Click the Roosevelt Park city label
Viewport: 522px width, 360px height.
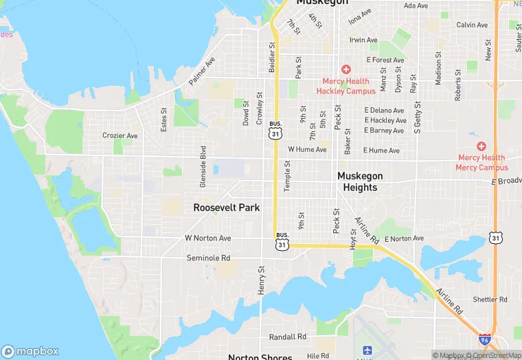point(226,207)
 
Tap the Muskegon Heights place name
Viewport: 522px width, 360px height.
point(360,182)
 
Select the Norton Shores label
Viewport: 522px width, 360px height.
point(260,357)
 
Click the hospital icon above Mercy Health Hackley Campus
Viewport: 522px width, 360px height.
point(345,69)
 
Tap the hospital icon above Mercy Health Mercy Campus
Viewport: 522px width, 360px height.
point(481,146)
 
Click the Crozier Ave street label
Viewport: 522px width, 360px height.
point(120,135)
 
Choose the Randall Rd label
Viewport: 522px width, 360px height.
point(288,337)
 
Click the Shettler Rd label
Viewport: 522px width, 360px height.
point(490,300)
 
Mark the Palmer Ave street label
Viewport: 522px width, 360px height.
point(202,71)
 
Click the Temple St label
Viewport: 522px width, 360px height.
point(287,177)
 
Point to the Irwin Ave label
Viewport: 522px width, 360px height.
point(363,41)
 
